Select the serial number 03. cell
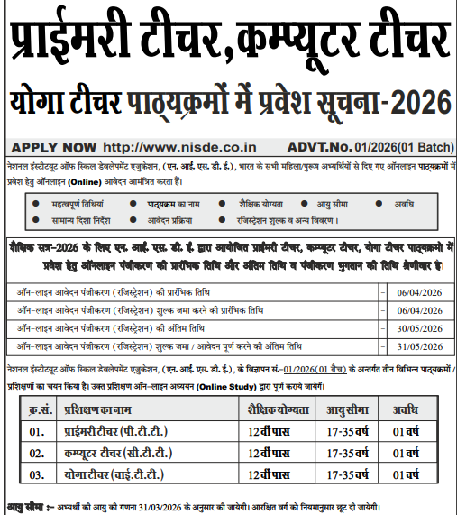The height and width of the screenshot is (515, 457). click(37, 473)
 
